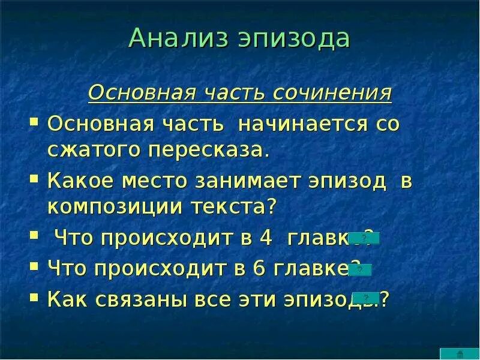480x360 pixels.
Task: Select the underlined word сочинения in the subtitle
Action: point(332,94)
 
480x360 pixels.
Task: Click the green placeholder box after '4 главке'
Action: point(364,238)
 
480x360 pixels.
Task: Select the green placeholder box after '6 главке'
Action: point(359,269)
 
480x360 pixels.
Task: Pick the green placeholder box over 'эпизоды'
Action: point(365,298)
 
